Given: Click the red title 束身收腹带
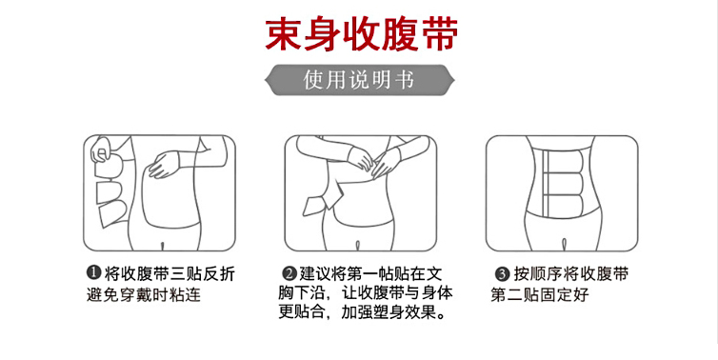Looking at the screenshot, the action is pyautogui.click(x=362, y=34).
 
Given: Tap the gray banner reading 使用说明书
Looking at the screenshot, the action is pyautogui.click(x=359, y=80).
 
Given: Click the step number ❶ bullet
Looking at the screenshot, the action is pyautogui.click(x=93, y=273).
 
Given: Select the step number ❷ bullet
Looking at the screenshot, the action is pyautogui.click(x=289, y=274).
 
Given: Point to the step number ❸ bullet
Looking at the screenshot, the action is pyautogui.click(x=503, y=274).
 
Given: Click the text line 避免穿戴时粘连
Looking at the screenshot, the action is pyautogui.click(x=144, y=294).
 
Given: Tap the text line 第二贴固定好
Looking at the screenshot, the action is pyautogui.click(x=539, y=294).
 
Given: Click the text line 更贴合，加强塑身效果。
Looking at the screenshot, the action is pyautogui.click(x=362, y=312).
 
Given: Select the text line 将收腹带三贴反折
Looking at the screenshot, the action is pyautogui.click(x=170, y=273).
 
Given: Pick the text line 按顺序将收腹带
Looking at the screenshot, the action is pyautogui.click(x=571, y=274).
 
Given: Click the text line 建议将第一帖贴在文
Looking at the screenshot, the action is pyautogui.click(x=371, y=274).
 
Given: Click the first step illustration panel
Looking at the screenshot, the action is pyautogui.click(x=159, y=192).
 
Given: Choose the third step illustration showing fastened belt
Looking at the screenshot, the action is pyautogui.click(x=562, y=193).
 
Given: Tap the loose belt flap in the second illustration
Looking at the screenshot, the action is pyautogui.click(x=317, y=205).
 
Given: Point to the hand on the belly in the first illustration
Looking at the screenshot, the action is pyautogui.click(x=165, y=165).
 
